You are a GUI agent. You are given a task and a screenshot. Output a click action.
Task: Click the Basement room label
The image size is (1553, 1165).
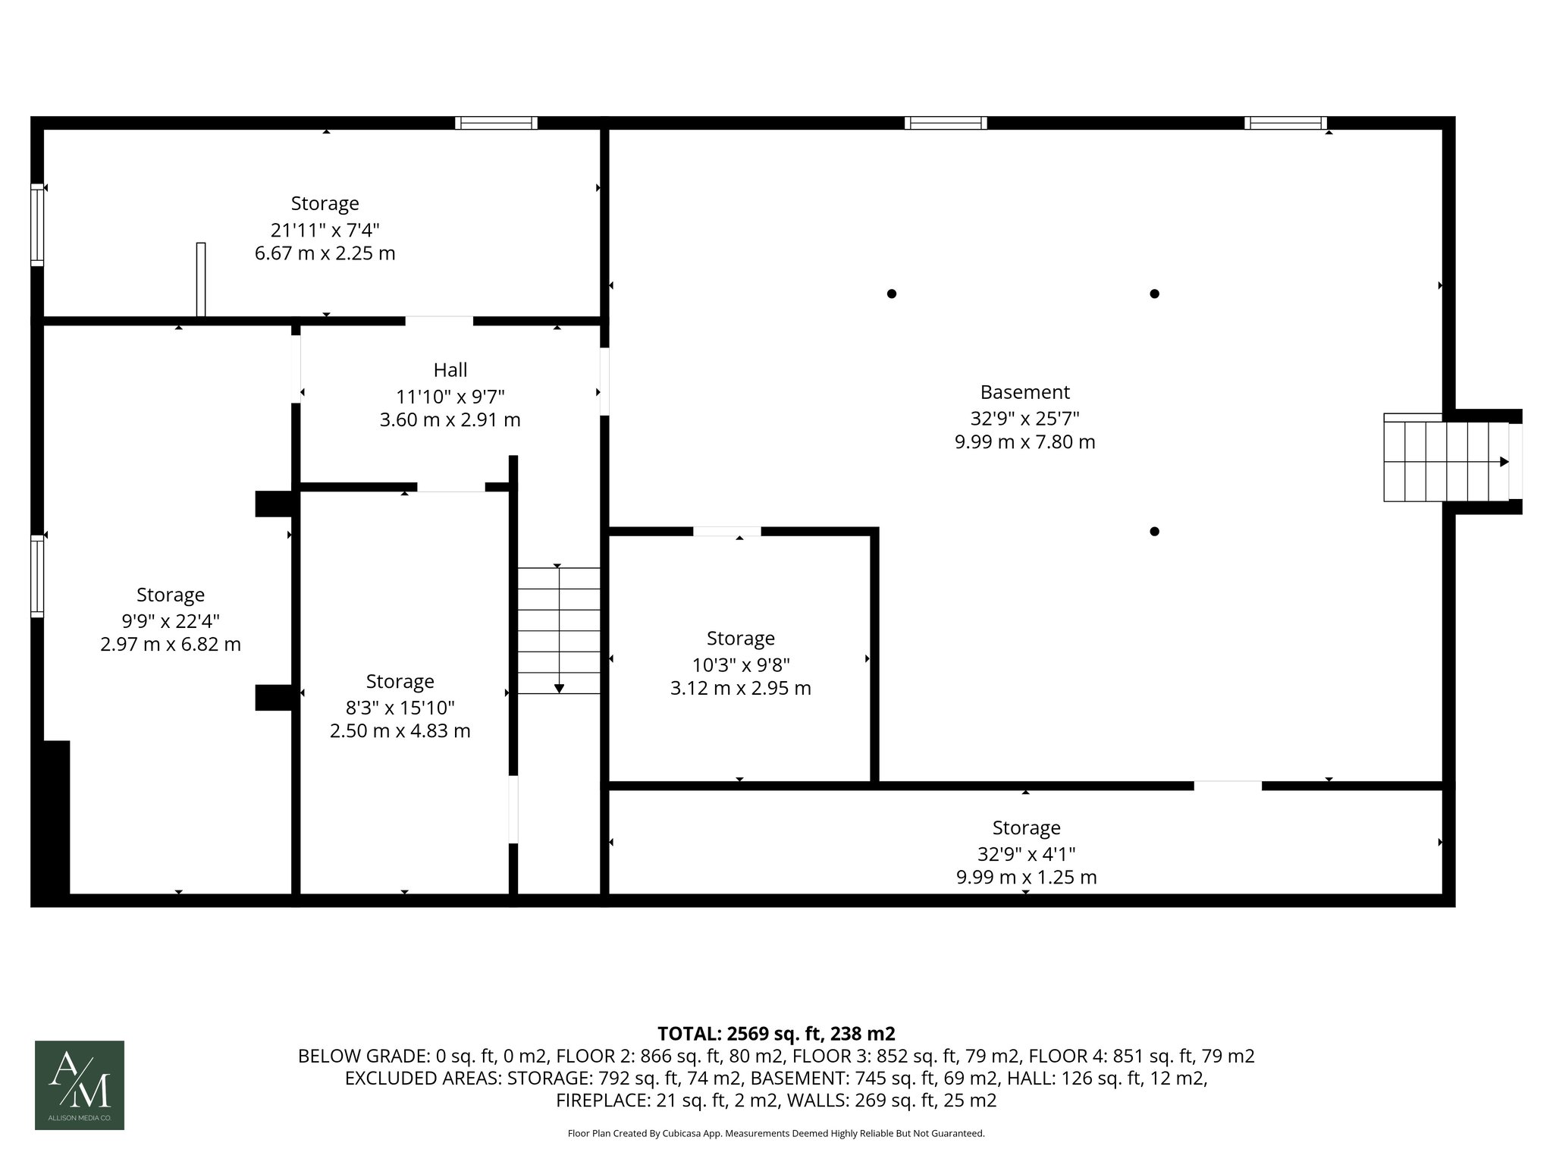tap(1024, 392)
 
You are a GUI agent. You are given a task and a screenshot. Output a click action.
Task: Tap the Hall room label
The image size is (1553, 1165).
tap(450, 370)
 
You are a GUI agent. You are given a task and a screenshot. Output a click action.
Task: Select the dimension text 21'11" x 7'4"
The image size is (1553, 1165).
tap(325, 230)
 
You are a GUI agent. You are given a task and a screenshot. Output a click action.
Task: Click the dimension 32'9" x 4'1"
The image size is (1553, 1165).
tap(1026, 854)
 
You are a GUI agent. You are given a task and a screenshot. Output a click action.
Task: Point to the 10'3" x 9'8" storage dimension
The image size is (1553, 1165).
tap(741, 665)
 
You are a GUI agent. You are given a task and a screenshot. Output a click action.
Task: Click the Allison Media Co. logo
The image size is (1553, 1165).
tap(80, 1085)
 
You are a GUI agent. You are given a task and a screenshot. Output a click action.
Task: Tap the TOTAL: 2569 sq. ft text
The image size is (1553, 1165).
tap(776, 1034)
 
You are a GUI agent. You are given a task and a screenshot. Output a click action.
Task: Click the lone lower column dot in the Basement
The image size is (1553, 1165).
tap(1154, 532)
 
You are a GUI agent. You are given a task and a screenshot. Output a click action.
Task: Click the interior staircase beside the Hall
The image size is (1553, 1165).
tap(559, 630)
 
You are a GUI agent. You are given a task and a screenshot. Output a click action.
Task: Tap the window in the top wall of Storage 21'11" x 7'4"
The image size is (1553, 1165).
tap(496, 123)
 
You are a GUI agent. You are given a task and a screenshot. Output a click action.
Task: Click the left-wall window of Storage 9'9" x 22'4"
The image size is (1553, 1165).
tap(37, 576)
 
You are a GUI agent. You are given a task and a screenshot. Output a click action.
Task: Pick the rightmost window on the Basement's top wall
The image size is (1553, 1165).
tap(1285, 123)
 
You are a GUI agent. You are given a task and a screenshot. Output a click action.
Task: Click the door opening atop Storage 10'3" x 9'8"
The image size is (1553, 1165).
tap(726, 532)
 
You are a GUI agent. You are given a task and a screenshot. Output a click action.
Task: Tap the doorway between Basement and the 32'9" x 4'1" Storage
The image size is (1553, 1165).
tap(1228, 786)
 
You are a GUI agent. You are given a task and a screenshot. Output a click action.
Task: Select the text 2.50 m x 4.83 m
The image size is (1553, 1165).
tap(400, 731)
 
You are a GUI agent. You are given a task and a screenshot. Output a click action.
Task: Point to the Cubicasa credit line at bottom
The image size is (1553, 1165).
tap(776, 1134)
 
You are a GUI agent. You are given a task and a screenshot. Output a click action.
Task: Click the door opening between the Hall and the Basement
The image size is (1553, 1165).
tap(604, 382)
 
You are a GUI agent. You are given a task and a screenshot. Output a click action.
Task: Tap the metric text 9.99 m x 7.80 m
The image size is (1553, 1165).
tap(1024, 441)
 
